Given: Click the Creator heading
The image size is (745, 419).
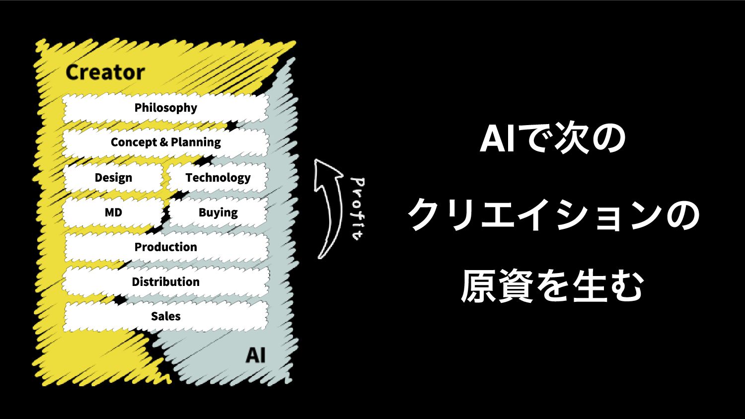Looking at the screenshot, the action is (105, 72).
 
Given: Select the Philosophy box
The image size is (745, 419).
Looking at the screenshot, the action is (165, 108).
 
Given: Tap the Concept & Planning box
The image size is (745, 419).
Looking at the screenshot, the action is (165, 142).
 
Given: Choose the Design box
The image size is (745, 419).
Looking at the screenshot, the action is (113, 178).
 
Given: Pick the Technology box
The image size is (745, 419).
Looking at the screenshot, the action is (218, 178).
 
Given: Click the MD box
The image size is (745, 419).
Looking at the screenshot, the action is (113, 212).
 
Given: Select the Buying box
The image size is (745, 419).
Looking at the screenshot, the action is (218, 212).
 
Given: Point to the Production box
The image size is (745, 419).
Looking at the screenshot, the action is (165, 247).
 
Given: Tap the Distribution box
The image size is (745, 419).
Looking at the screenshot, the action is (165, 281).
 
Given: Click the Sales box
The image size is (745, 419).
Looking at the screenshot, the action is (165, 316).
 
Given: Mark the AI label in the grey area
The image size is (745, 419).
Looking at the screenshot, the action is (255, 355).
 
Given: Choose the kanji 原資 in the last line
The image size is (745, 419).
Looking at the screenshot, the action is (497, 286).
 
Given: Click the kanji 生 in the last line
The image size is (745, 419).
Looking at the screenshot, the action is (591, 286).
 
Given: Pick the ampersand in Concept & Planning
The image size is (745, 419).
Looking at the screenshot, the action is (164, 142).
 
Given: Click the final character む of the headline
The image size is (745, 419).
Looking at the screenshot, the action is (627, 286).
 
